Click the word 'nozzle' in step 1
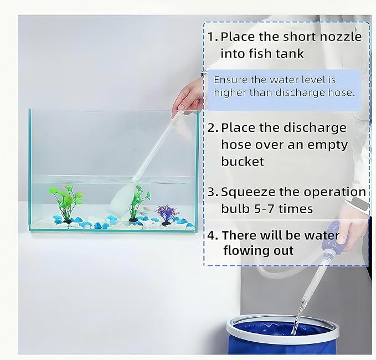342,37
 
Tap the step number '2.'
213,128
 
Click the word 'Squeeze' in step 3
245,192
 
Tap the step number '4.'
213,235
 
